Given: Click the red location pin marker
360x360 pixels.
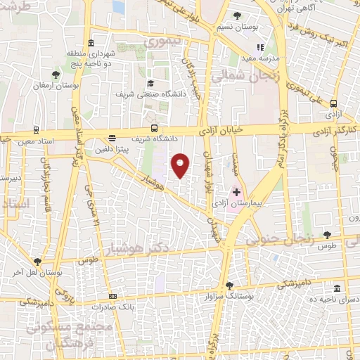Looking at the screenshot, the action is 181,165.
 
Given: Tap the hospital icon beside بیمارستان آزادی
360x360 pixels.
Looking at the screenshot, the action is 237,191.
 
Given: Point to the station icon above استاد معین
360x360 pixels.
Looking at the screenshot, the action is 36,131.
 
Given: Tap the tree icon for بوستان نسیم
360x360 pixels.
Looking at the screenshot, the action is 237,15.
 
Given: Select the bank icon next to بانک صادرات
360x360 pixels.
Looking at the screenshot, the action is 112,297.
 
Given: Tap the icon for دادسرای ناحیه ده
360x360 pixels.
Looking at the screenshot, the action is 337,289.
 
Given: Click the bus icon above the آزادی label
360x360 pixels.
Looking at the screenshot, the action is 333,102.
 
